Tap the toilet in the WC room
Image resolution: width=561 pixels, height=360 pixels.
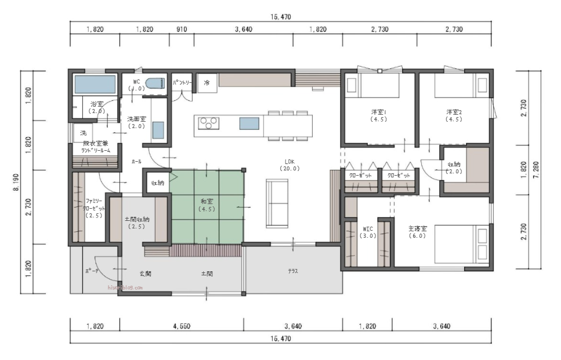click(155, 83)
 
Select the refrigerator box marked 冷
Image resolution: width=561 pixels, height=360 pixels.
click(207, 83)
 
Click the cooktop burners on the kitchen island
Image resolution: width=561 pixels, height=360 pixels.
click(209, 123)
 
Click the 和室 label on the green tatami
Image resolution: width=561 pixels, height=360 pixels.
click(207, 205)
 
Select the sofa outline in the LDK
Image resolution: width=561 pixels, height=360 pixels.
click(277, 203)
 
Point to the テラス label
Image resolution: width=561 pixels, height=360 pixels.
click(293, 271)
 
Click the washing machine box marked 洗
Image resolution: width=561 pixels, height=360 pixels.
click(83, 133)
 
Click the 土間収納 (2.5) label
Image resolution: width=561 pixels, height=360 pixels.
click(137, 223)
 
